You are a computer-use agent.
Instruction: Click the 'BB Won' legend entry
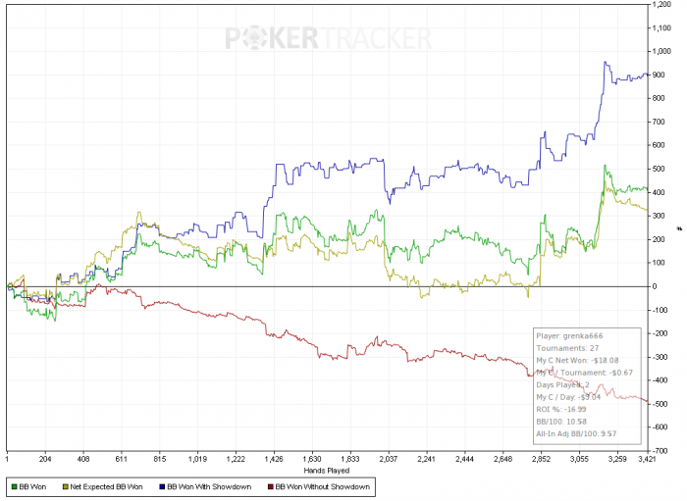(x=32, y=486)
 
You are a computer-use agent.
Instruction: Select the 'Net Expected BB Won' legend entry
(x=107, y=486)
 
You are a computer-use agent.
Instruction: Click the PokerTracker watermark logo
(x=329, y=38)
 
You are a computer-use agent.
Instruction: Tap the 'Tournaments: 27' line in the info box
(x=569, y=348)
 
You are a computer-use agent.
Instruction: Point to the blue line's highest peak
(x=606, y=63)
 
